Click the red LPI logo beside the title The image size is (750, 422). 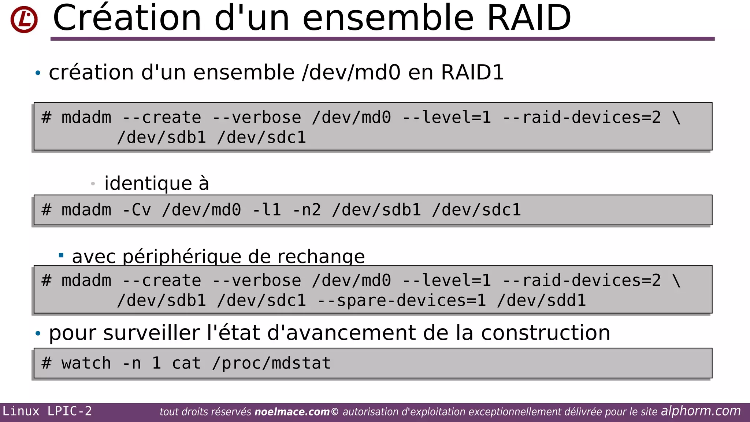pyautogui.click(x=24, y=19)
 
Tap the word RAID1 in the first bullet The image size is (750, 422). pyautogui.click(x=472, y=72)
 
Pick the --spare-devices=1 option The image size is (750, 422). pyautogui.click(x=401, y=301)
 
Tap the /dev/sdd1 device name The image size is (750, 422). pyautogui.click(x=541, y=301)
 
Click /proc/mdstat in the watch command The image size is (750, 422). pyautogui.click(x=271, y=363)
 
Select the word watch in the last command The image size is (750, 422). pyautogui.click(x=86, y=363)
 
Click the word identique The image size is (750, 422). pyautogui.click(x=148, y=183)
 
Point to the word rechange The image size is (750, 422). pyautogui.click(x=321, y=257)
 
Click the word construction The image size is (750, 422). pyautogui.click(x=545, y=333)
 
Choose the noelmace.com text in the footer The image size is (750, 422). pyautogui.click(x=292, y=412)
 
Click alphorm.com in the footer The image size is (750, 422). pyautogui.click(x=701, y=411)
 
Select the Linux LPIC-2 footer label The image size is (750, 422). pyautogui.click(x=47, y=411)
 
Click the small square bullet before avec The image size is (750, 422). pyautogui.click(x=61, y=255)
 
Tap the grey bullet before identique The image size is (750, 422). pyautogui.click(x=93, y=183)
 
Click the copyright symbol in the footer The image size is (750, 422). pyautogui.click(x=335, y=412)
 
